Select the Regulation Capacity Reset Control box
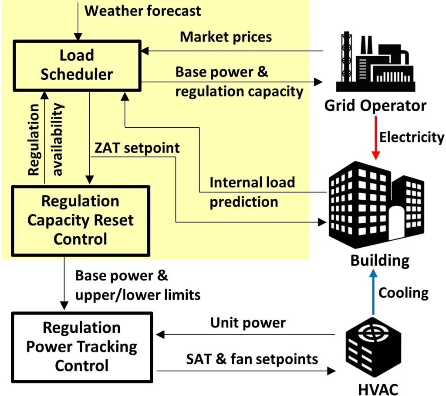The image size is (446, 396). pyautogui.click(x=81, y=220)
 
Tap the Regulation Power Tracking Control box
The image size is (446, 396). pyautogui.click(x=82, y=346)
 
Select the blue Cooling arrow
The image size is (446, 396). pyautogui.click(x=373, y=293)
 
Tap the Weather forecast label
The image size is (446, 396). pyautogui.click(x=143, y=10)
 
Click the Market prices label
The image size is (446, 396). pyautogui.click(x=226, y=37)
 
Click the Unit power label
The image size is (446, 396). pyautogui.click(x=248, y=323)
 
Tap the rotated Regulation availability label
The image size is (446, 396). pyautogui.click(x=45, y=140)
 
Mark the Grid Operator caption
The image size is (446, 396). pyautogui.click(x=375, y=106)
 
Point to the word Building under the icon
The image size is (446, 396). pyautogui.click(x=380, y=260)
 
